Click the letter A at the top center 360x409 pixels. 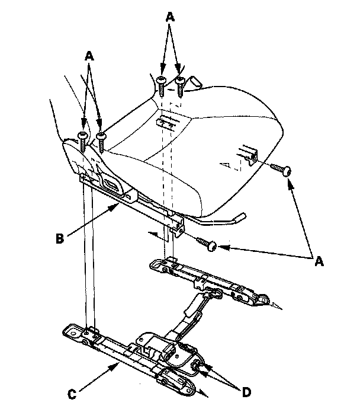point(170,18)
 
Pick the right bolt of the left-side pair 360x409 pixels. point(102,139)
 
